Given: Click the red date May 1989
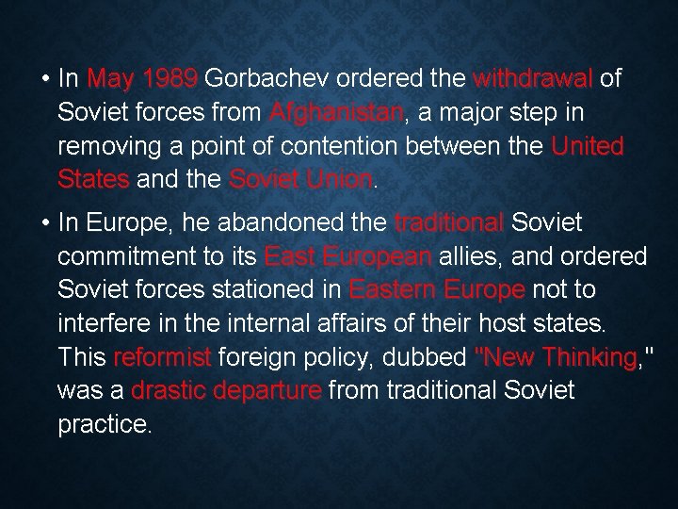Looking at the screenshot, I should (141, 78).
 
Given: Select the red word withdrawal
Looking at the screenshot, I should (533, 78).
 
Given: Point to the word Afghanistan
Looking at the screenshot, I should (336, 113).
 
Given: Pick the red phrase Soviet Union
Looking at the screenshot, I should (300, 180).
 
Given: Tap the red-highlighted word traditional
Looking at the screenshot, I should (449, 223).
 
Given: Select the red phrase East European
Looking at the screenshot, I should (348, 257).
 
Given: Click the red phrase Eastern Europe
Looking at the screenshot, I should (436, 290).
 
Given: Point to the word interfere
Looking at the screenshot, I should (102, 324).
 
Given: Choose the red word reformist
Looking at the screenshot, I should (163, 357).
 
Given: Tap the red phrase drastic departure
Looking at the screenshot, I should (227, 390).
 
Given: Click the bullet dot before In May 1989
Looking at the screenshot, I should (45, 78).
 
